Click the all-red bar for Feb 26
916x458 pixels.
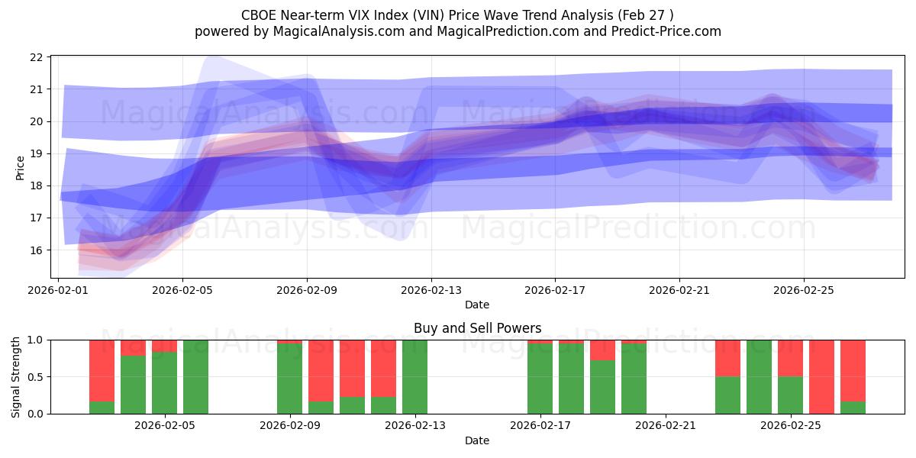821,376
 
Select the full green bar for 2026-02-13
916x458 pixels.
414,376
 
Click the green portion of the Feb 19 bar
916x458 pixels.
602,387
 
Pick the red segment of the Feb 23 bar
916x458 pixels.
727,358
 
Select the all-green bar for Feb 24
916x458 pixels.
759,376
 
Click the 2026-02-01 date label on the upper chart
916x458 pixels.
59,290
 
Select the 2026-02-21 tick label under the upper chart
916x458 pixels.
679,290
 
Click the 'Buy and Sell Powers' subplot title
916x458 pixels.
477,328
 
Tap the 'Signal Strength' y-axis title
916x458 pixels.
16,376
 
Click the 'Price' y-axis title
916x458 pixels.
20,168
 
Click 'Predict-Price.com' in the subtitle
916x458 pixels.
662,31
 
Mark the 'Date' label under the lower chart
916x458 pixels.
477,440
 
